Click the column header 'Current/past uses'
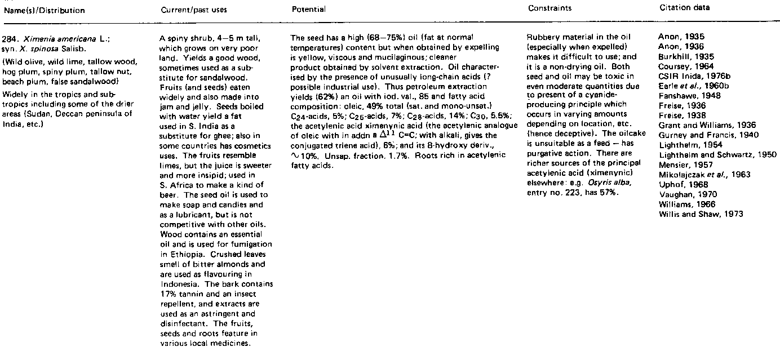(x=189, y=11)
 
